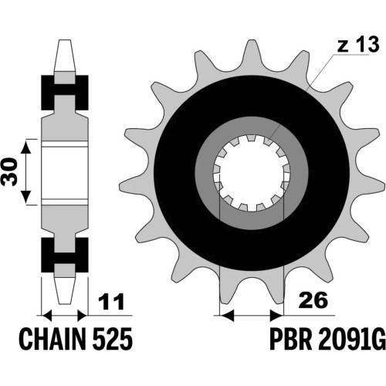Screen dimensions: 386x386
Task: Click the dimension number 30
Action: pos(9,171)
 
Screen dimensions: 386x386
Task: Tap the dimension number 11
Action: pos(112,301)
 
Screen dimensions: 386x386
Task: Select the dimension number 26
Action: pos(313,300)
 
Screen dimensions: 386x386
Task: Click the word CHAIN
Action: pos(52,339)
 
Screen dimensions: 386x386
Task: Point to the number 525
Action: pos(113,339)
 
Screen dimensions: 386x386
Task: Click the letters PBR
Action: pos(291,339)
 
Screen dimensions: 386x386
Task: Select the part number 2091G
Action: pos(352,339)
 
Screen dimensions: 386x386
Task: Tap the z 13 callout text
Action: pos(358,45)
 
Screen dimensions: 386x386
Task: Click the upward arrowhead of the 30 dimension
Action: pos(25,147)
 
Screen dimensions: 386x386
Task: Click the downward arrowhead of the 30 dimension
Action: pos(25,197)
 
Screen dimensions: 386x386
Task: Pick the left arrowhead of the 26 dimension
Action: pos(227,315)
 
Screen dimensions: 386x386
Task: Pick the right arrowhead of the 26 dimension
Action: pos(276,315)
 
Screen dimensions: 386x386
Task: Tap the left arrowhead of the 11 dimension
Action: pos(47,315)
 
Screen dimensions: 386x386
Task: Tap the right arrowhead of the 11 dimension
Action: pos(83,315)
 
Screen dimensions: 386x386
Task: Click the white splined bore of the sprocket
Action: pos(252,173)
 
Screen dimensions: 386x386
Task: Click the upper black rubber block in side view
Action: pos(65,93)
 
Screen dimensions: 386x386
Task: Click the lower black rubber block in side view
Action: pos(65,255)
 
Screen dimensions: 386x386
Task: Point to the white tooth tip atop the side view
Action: pos(65,56)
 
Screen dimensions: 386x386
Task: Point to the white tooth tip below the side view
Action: pos(65,291)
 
